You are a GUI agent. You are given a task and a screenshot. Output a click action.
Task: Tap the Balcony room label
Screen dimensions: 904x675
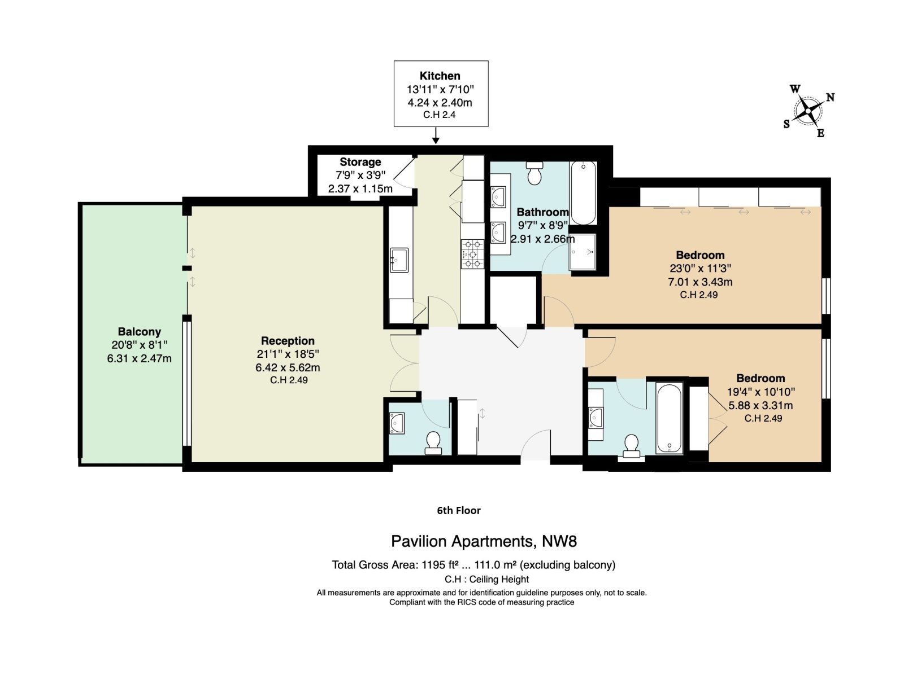pos(139,331)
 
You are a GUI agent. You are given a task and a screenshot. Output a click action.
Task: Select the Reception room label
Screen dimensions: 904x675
pos(288,340)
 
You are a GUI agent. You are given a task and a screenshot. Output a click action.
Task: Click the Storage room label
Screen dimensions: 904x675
pos(360,161)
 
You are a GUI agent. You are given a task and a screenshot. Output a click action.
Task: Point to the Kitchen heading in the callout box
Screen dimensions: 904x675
pos(440,76)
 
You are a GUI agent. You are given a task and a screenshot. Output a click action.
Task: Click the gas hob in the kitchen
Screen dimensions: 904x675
pos(472,254)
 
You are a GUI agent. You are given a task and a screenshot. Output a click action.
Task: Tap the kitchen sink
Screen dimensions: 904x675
pos(399,260)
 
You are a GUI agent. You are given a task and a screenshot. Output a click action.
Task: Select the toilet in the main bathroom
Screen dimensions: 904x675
pos(534,173)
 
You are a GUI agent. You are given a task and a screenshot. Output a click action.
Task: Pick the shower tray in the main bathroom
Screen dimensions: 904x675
pos(583,252)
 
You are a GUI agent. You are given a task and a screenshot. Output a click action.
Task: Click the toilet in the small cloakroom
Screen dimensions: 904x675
pos(433,442)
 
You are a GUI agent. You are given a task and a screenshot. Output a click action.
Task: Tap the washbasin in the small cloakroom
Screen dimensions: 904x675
pos(397,423)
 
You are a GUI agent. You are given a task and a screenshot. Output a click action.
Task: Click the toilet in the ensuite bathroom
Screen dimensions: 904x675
pos(631,446)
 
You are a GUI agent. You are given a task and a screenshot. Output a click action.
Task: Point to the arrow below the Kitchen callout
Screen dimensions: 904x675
pos(436,135)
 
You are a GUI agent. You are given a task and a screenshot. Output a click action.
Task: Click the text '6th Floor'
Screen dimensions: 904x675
pos(459,510)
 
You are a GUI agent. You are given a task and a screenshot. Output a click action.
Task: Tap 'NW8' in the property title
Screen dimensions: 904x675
pos(559,541)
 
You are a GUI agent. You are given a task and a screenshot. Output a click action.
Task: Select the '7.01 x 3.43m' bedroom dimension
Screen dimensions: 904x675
pos(700,282)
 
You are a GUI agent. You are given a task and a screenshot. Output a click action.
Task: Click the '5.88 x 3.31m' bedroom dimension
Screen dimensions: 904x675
pos(760,405)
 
